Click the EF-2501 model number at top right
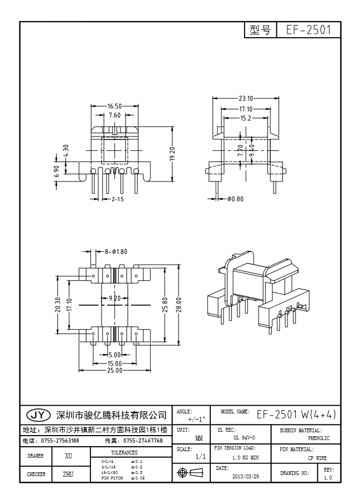tap(308, 30)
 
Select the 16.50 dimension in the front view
tap(115, 105)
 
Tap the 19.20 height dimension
tap(172, 154)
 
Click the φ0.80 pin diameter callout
tap(235, 198)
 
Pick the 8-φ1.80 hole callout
tap(115, 251)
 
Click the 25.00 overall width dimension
tap(114, 371)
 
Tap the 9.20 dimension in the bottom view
tap(114, 298)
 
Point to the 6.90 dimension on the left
tap(56, 171)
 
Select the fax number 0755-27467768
tap(143, 441)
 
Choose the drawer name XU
tap(69, 456)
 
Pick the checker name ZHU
tap(69, 474)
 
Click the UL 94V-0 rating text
tap(241, 438)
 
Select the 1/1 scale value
tap(201, 456)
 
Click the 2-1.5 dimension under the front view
tap(118, 198)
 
